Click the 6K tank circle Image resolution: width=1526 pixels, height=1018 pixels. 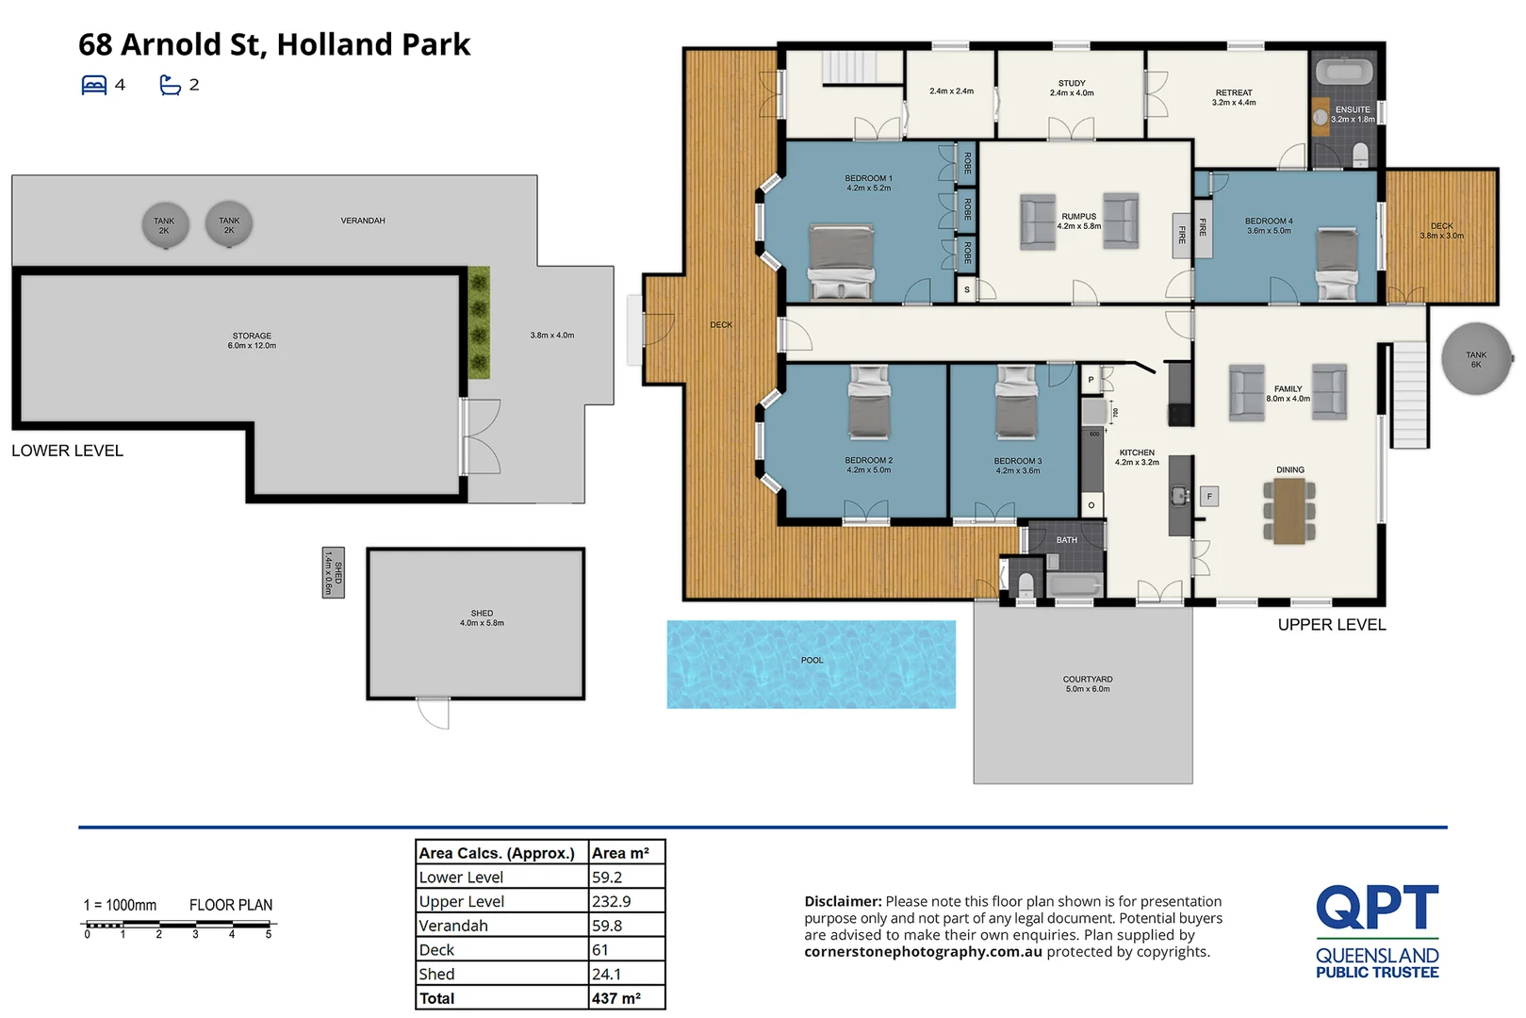1476,359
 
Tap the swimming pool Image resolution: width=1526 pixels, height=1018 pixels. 811,665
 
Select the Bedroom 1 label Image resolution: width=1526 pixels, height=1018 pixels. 868,183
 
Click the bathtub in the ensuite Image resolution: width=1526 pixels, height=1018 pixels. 1344,73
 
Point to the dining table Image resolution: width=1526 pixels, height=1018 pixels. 1289,511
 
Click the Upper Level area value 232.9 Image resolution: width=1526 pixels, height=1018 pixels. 612,902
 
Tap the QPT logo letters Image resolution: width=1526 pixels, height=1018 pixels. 1377,908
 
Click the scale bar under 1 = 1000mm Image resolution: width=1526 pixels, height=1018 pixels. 177,926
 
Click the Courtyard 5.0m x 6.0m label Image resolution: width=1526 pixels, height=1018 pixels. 1088,684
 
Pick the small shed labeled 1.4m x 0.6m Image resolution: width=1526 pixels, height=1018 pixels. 333,572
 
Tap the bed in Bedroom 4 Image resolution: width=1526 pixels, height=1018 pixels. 1337,264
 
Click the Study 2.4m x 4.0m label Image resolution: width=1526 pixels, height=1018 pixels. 1072,89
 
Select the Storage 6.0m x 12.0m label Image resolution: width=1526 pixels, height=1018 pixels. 252,340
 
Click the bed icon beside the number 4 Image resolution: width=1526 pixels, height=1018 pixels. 94,86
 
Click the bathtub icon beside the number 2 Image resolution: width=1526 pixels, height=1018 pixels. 170,86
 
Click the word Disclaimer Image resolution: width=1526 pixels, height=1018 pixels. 842,902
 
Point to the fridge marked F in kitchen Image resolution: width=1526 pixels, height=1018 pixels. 1209,497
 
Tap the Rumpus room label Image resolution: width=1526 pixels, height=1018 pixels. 1079,222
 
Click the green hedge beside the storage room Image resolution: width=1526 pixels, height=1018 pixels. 479,322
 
